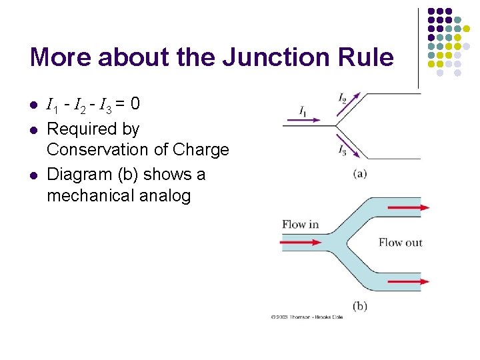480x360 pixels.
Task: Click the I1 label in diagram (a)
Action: point(303,110)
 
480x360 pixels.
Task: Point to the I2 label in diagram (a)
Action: point(343,99)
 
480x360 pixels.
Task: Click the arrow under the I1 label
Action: point(302,121)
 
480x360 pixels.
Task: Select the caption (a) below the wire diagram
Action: point(360,174)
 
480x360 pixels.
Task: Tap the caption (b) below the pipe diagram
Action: point(360,306)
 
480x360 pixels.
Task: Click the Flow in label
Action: point(300,224)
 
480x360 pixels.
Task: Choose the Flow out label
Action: point(400,242)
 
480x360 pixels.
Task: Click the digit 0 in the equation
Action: point(135,104)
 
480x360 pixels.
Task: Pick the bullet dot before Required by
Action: point(32,128)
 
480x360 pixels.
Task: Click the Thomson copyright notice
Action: point(307,317)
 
